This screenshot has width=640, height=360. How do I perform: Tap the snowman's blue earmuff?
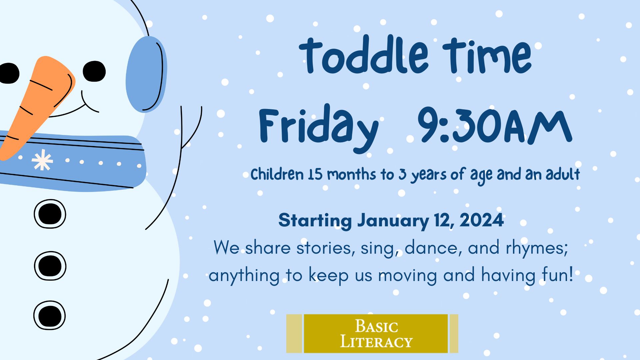[146, 74]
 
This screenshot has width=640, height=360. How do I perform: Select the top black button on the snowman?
[50, 214]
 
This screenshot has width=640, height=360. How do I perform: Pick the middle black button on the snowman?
[50, 266]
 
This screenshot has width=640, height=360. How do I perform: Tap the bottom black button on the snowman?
[49, 315]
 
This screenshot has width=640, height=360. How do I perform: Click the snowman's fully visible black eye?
[94, 71]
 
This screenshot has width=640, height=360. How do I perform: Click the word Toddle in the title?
[364, 55]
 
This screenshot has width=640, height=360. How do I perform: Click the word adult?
[563, 174]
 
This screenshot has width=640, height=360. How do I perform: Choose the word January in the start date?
[393, 220]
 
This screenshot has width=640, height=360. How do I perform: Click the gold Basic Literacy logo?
[372, 333]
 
